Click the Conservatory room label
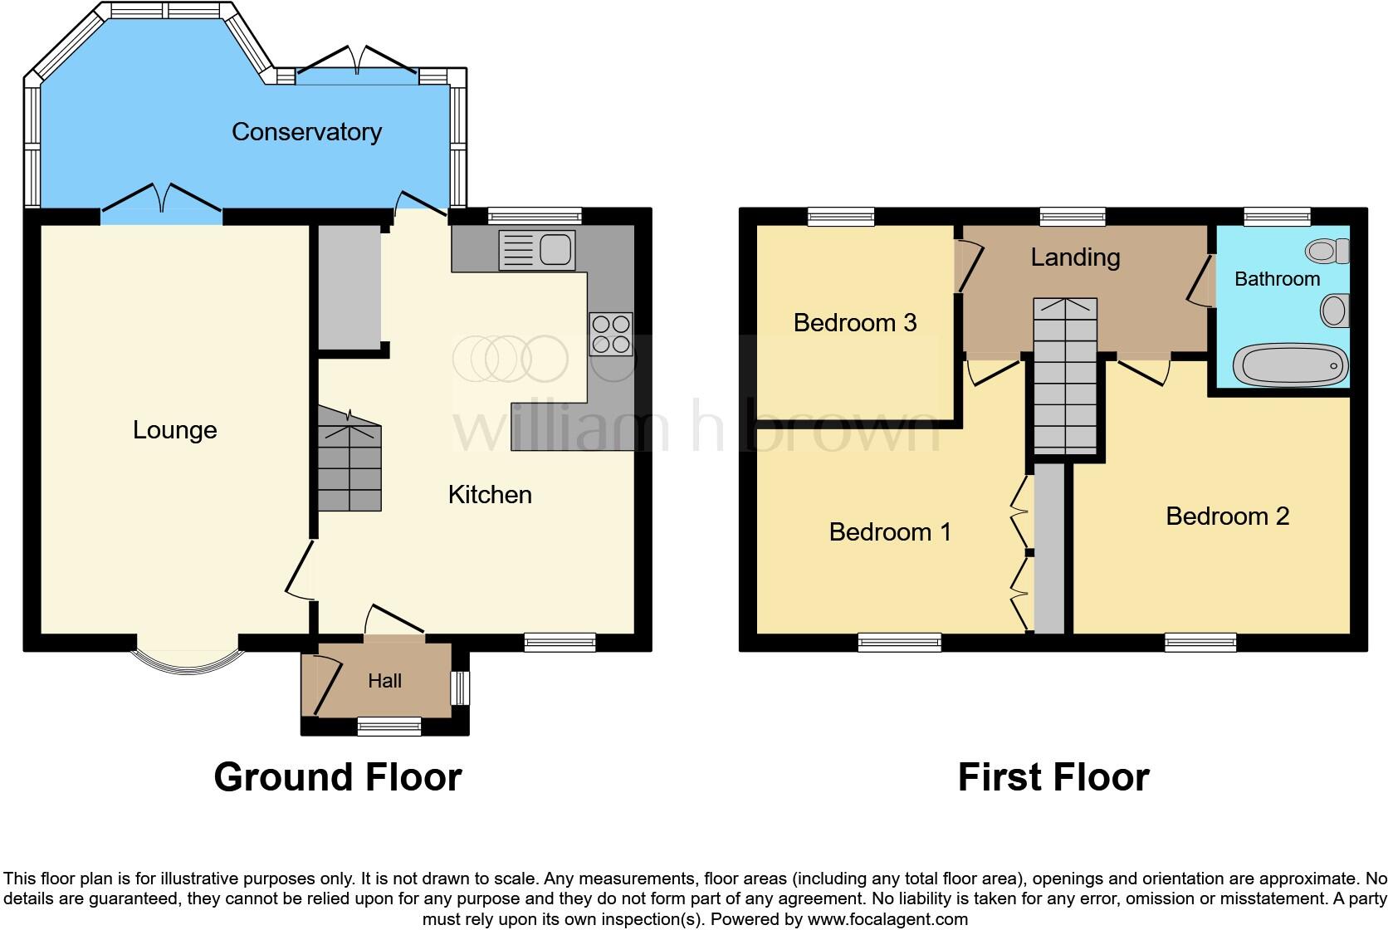click(306, 132)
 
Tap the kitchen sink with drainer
click(536, 250)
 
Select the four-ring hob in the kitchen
click(610, 334)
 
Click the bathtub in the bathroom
click(1289, 365)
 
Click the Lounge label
click(175, 430)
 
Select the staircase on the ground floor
click(349, 461)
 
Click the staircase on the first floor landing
click(1065, 374)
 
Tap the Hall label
click(384, 681)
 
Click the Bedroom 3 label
click(854, 322)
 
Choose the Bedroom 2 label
click(1227, 516)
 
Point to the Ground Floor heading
click(337, 778)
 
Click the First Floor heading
click(1053, 778)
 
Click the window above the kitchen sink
click(535, 217)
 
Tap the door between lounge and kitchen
click(299, 569)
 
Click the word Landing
click(1075, 257)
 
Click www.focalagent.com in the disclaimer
click(887, 919)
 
